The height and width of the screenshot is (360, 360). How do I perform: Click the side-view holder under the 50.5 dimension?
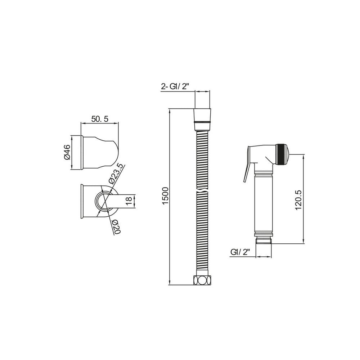pos(99,153)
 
